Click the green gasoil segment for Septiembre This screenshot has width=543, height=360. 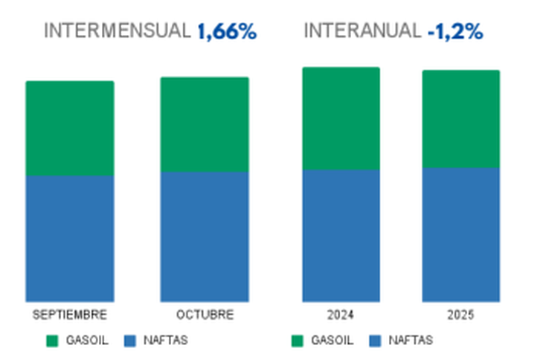[x=70, y=128]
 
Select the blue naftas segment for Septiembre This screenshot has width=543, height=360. [x=70, y=238]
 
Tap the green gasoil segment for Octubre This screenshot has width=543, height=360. [x=205, y=124]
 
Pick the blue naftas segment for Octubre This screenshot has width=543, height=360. [x=205, y=237]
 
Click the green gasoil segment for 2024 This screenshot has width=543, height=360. [x=341, y=118]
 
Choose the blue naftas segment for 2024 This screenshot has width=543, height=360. [x=341, y=235]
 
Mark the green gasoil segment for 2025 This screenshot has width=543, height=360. [x=460, y=119]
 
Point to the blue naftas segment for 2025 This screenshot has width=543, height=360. [x=460, y=234]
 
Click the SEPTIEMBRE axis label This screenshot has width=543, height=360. [x=70, y=315]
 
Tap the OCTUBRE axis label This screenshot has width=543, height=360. [x=205, y=315]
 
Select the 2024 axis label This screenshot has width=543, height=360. [x=341, y=315]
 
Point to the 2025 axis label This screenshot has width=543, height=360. [x=460, y=315]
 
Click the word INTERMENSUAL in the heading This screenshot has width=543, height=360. [x=118, y=31]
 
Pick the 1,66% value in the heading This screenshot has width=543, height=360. [x=227, y=31]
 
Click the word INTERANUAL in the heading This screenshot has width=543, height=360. [x=362, y=31]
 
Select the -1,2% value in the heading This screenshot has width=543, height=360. [x=455, y=31]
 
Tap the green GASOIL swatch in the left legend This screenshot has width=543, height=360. [x=52, y=341]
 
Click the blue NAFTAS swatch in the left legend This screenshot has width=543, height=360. [x=130, y=341]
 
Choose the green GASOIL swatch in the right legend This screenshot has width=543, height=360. [x=297, y=341]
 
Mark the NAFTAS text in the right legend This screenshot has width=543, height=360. [x=410, y=341]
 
